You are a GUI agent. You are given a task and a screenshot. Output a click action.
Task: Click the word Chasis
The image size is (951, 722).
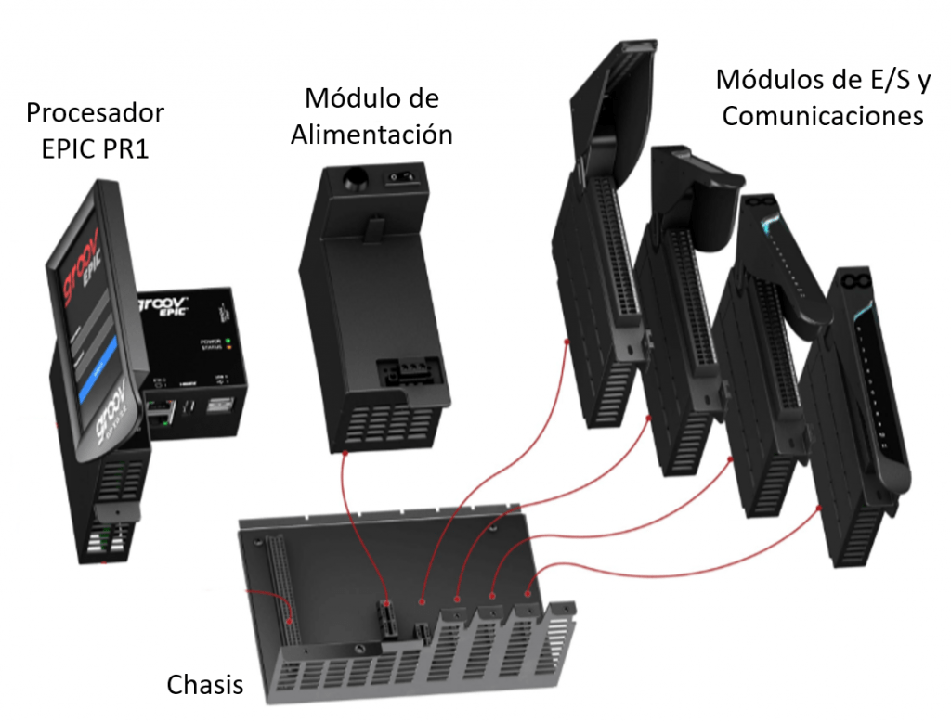(x=205, y=685)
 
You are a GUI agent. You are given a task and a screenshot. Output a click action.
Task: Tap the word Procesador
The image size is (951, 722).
(x=95, y=113)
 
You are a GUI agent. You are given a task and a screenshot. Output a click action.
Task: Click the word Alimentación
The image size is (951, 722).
(x=371, y=134)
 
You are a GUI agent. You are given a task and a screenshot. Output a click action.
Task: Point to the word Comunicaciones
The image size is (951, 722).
(x=823, y=115)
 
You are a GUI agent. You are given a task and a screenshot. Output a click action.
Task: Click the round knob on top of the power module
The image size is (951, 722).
(x=352, y=175)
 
